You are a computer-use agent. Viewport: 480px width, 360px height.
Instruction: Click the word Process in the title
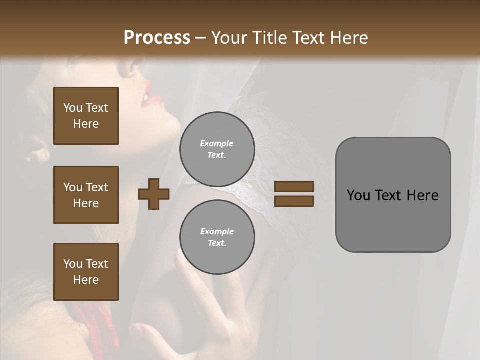pyautogui.click(x=157, y=38)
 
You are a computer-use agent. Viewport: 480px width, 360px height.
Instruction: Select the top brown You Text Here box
pyautogui.click(x=86, y=116)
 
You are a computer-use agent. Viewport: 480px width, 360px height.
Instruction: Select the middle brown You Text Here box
pyautogui.click(x=86, y=195)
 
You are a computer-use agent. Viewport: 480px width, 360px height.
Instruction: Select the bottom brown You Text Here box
pyautogui.click(x=86, y=272)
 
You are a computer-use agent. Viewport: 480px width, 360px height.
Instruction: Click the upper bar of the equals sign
pyautogui.click(x=294, y=187)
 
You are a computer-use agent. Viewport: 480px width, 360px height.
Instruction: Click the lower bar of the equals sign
pyautogui.click(x=294, y=201)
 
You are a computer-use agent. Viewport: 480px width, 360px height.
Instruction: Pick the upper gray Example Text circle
pyautogui.click(x=217, y=149)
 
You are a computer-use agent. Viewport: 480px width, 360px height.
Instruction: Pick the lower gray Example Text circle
pyautogui.click(x=217, y=237)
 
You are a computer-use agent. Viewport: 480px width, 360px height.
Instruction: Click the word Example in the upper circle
pyautogui.click(x=217, y=144)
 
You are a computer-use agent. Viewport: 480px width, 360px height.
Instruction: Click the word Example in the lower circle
pyautogui.click(x=217, y=232)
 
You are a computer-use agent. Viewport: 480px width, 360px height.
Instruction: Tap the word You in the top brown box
pyautogui.click(x=72, y=108)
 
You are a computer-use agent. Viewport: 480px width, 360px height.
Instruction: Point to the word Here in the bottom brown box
pyautogui.click(x=86, y=280)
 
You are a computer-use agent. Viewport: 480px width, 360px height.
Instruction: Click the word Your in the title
pyautogui.click(x=229, y=38)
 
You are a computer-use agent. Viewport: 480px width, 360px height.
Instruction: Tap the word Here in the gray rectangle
pyautogui.click(x=423, y=195)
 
